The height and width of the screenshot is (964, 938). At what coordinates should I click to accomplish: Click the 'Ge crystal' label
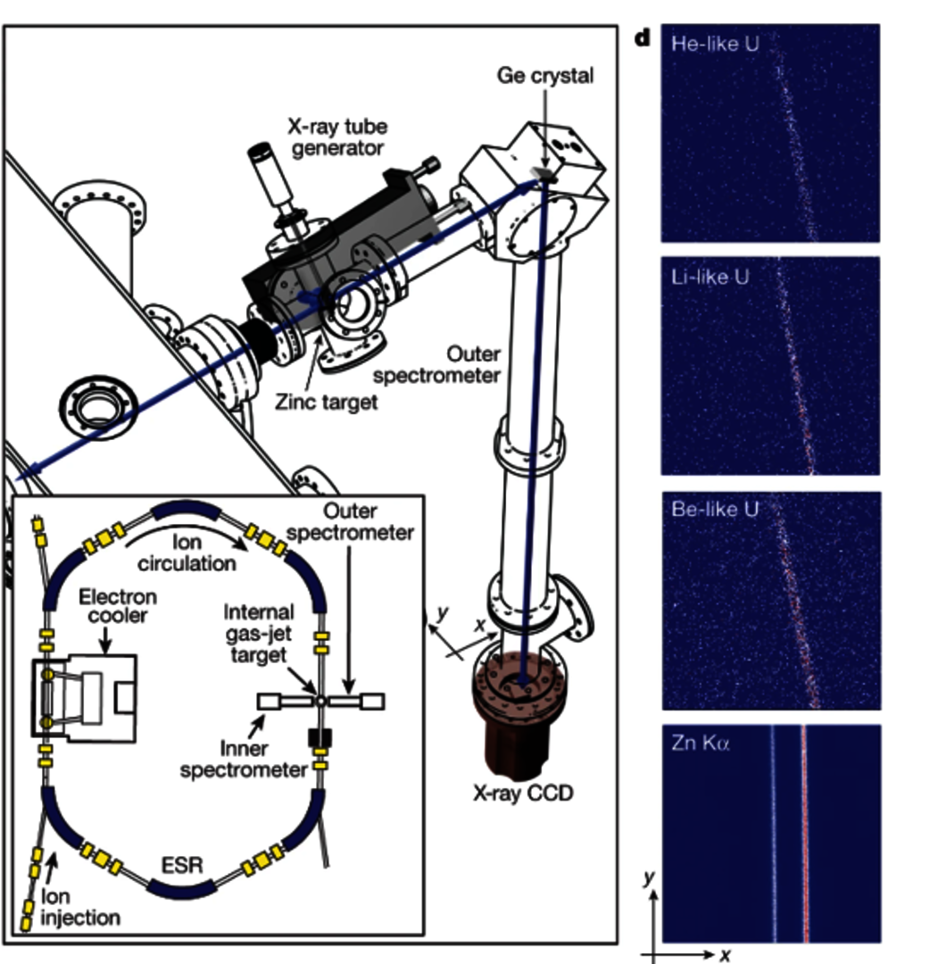tap(545, 75)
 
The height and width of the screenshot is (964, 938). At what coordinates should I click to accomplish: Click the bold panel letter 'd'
tap(642, 40)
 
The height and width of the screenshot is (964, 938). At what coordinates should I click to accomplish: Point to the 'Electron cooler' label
tap(117, 606)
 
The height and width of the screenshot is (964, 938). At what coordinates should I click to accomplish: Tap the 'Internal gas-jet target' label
tap(259, 631)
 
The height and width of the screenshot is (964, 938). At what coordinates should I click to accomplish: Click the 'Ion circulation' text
tap(194, 552)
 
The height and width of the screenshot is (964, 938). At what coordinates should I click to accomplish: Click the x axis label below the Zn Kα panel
tap(726, 955)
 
